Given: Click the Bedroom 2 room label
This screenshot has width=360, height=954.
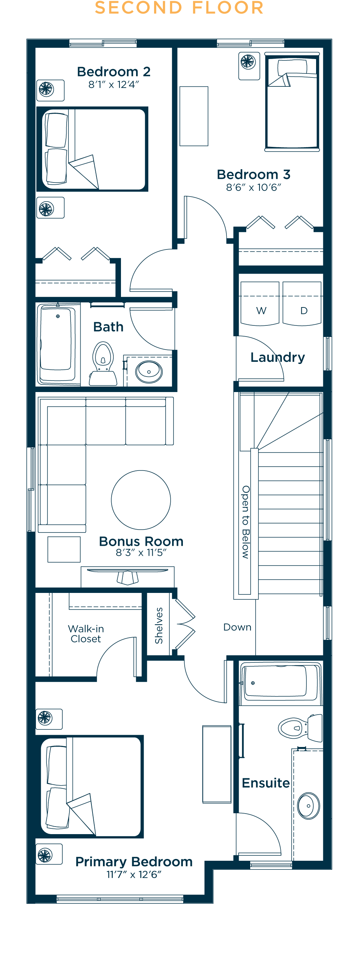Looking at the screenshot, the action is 114,72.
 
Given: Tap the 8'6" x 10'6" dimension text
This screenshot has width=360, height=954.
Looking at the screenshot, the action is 254,188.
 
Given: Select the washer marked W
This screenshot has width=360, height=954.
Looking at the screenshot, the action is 260,304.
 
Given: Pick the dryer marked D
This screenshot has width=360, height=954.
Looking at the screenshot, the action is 302,304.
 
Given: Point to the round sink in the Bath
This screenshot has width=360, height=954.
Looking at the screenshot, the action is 149,372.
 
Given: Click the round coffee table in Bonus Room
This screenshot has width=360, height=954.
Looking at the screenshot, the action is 141,500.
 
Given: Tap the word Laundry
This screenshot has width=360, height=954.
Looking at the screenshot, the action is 278,358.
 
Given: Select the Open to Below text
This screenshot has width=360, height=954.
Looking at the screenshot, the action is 246,522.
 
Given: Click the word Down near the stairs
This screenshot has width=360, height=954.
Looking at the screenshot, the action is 237,627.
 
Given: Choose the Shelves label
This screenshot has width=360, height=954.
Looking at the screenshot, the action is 159,626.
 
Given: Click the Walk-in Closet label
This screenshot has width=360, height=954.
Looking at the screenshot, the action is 86,634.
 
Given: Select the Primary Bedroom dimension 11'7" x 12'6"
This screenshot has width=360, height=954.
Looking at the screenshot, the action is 134,874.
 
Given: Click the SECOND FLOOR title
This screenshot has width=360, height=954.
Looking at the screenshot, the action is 179,8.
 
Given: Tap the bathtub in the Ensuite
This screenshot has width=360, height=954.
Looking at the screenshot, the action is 281,683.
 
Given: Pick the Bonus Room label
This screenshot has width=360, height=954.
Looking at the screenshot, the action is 141,541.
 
